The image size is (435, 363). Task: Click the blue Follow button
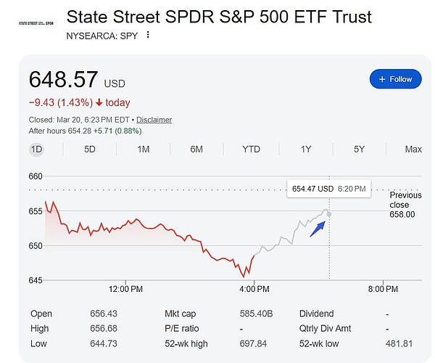coord(395,79)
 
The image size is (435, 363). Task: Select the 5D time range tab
coord(90,150)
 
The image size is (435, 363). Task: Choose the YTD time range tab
coord(251,150)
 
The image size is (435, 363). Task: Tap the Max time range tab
coord(413,150)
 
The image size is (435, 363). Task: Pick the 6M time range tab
coord(196,150)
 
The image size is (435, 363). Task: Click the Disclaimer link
coord(154,120)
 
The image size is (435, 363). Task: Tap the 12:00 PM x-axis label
coord(125,290)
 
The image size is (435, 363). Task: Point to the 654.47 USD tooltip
coord(329,188)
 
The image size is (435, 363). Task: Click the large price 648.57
coord(64,80)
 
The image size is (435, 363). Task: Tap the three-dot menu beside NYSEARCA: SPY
coord(148,35)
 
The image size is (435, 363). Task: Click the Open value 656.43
coord(103,314)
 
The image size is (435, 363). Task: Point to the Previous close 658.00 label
coord(405,205)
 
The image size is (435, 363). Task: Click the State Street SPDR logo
coord(35,23)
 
